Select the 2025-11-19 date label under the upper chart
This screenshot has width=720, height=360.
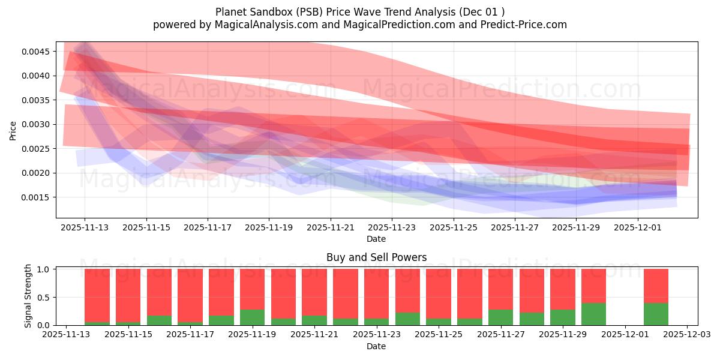269,228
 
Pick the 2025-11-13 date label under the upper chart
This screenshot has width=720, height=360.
85,228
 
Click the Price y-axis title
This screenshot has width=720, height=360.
13,130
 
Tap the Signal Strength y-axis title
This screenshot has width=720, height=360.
28,296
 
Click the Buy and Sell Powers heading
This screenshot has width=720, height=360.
376,257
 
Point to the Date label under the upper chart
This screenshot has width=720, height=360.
376,239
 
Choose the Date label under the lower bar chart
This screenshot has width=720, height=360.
376,346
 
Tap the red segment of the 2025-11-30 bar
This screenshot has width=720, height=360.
593,286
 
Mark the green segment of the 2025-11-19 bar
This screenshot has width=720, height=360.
253,317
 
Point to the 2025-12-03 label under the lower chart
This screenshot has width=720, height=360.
687,335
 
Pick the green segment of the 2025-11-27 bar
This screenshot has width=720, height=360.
500,317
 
